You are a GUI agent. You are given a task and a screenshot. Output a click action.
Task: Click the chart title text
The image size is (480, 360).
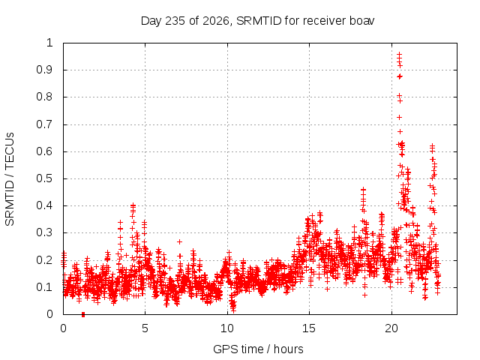click(x=257, y=21)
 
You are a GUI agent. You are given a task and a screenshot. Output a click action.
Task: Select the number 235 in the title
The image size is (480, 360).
click(x=175, y=21)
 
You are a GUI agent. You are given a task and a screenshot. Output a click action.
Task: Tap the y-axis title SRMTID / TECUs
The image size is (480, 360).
click(x=10, y=179)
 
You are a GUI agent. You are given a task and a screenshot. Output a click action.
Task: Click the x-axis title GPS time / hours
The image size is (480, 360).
click(x=258, y=349)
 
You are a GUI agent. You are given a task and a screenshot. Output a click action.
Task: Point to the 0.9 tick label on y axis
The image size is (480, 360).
click(x=44, y=70)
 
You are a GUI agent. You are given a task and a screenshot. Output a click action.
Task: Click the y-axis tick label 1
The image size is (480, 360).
click(x=49, y=43)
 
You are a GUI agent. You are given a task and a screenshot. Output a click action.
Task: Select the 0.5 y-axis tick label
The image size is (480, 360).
click(x=44, y=178)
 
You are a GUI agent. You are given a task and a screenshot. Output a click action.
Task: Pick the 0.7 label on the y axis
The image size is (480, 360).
click(x=44, y=124)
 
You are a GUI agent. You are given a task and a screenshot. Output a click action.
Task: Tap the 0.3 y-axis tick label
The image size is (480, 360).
click(x=44, y=232)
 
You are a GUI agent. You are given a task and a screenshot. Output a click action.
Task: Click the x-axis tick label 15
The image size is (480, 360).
click(x=309, y=328)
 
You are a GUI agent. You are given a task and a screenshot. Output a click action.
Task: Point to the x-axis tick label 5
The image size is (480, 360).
click(x=145, y=328)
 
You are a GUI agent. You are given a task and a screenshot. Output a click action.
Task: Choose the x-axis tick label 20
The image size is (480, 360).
click(x=391, y=328)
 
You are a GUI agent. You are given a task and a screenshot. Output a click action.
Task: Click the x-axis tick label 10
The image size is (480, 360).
click(x=227, y=328)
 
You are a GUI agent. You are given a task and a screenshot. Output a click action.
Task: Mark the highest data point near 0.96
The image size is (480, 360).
click(x=399, y=54)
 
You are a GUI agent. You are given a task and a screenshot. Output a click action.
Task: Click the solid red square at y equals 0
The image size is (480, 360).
click(x=83, y=314)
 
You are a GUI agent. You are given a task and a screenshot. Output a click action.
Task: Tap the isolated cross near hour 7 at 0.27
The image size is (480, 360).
click(x=180, y=241)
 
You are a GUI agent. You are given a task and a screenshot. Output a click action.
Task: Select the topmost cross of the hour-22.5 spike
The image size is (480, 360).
click(x=432, y=146)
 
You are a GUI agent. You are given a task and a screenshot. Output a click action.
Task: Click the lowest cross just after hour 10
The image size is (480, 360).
click(x=233, y=310)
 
